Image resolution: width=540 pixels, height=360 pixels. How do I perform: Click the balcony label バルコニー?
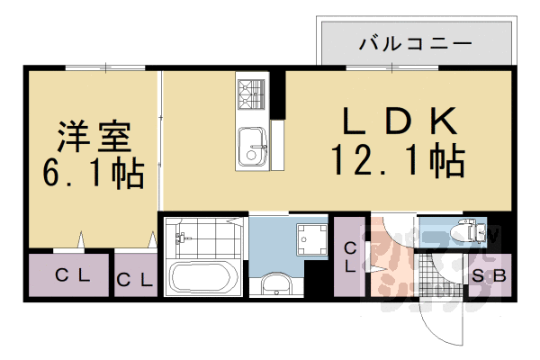415,42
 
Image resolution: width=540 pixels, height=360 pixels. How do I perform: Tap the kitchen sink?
250,146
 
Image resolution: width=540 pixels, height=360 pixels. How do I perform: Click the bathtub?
203,278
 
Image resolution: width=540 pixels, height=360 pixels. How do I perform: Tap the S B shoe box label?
490,276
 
